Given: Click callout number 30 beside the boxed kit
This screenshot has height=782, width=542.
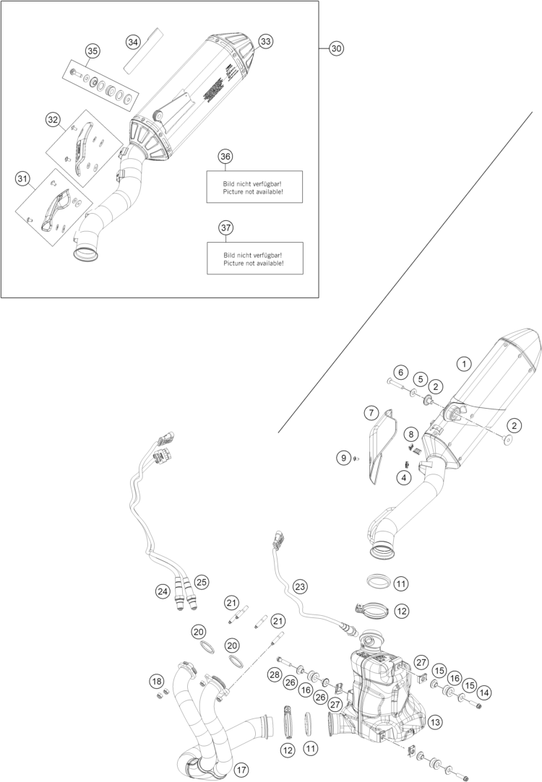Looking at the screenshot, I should coord(336,48).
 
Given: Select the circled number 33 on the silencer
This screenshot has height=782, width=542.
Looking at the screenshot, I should coord(266,42).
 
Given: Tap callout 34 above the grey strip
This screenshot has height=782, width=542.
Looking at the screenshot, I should coord(132,42).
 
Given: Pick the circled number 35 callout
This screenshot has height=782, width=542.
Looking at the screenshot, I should coord(92,51).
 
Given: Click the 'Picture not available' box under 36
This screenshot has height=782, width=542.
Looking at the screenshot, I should coord(254,187).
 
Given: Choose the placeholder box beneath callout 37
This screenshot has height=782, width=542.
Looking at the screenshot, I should coord(254,258).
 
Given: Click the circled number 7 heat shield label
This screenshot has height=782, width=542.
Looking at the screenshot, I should coord(371,413).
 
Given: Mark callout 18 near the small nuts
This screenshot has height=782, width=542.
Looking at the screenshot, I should coord(157,680).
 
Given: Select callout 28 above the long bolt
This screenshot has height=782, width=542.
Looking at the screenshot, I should coord(274,674).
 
